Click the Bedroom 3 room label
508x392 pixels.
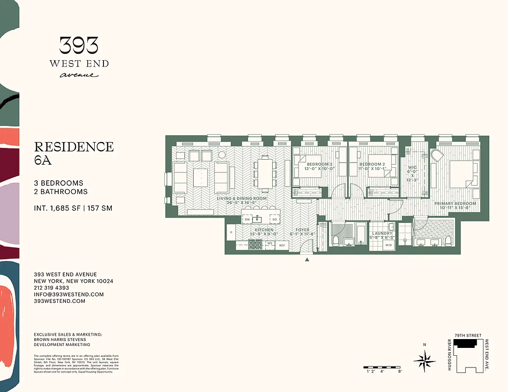point(319,164)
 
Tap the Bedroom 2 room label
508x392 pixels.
point(371,164)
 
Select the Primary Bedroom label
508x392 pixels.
point(455,203)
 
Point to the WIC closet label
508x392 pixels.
point(412,168)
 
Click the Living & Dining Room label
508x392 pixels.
point(242,198)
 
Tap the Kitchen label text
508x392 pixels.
point(264,230)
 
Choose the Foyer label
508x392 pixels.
point(303,230)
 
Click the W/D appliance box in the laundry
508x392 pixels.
point(388,245)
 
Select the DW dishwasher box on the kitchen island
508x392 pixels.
point(247,220)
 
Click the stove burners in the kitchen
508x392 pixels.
point(255,245)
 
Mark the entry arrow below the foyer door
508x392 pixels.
point(307,260)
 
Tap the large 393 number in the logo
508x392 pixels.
point(79,46)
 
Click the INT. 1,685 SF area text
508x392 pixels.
point(73,208)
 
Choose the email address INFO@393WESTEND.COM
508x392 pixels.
point(69,294)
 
